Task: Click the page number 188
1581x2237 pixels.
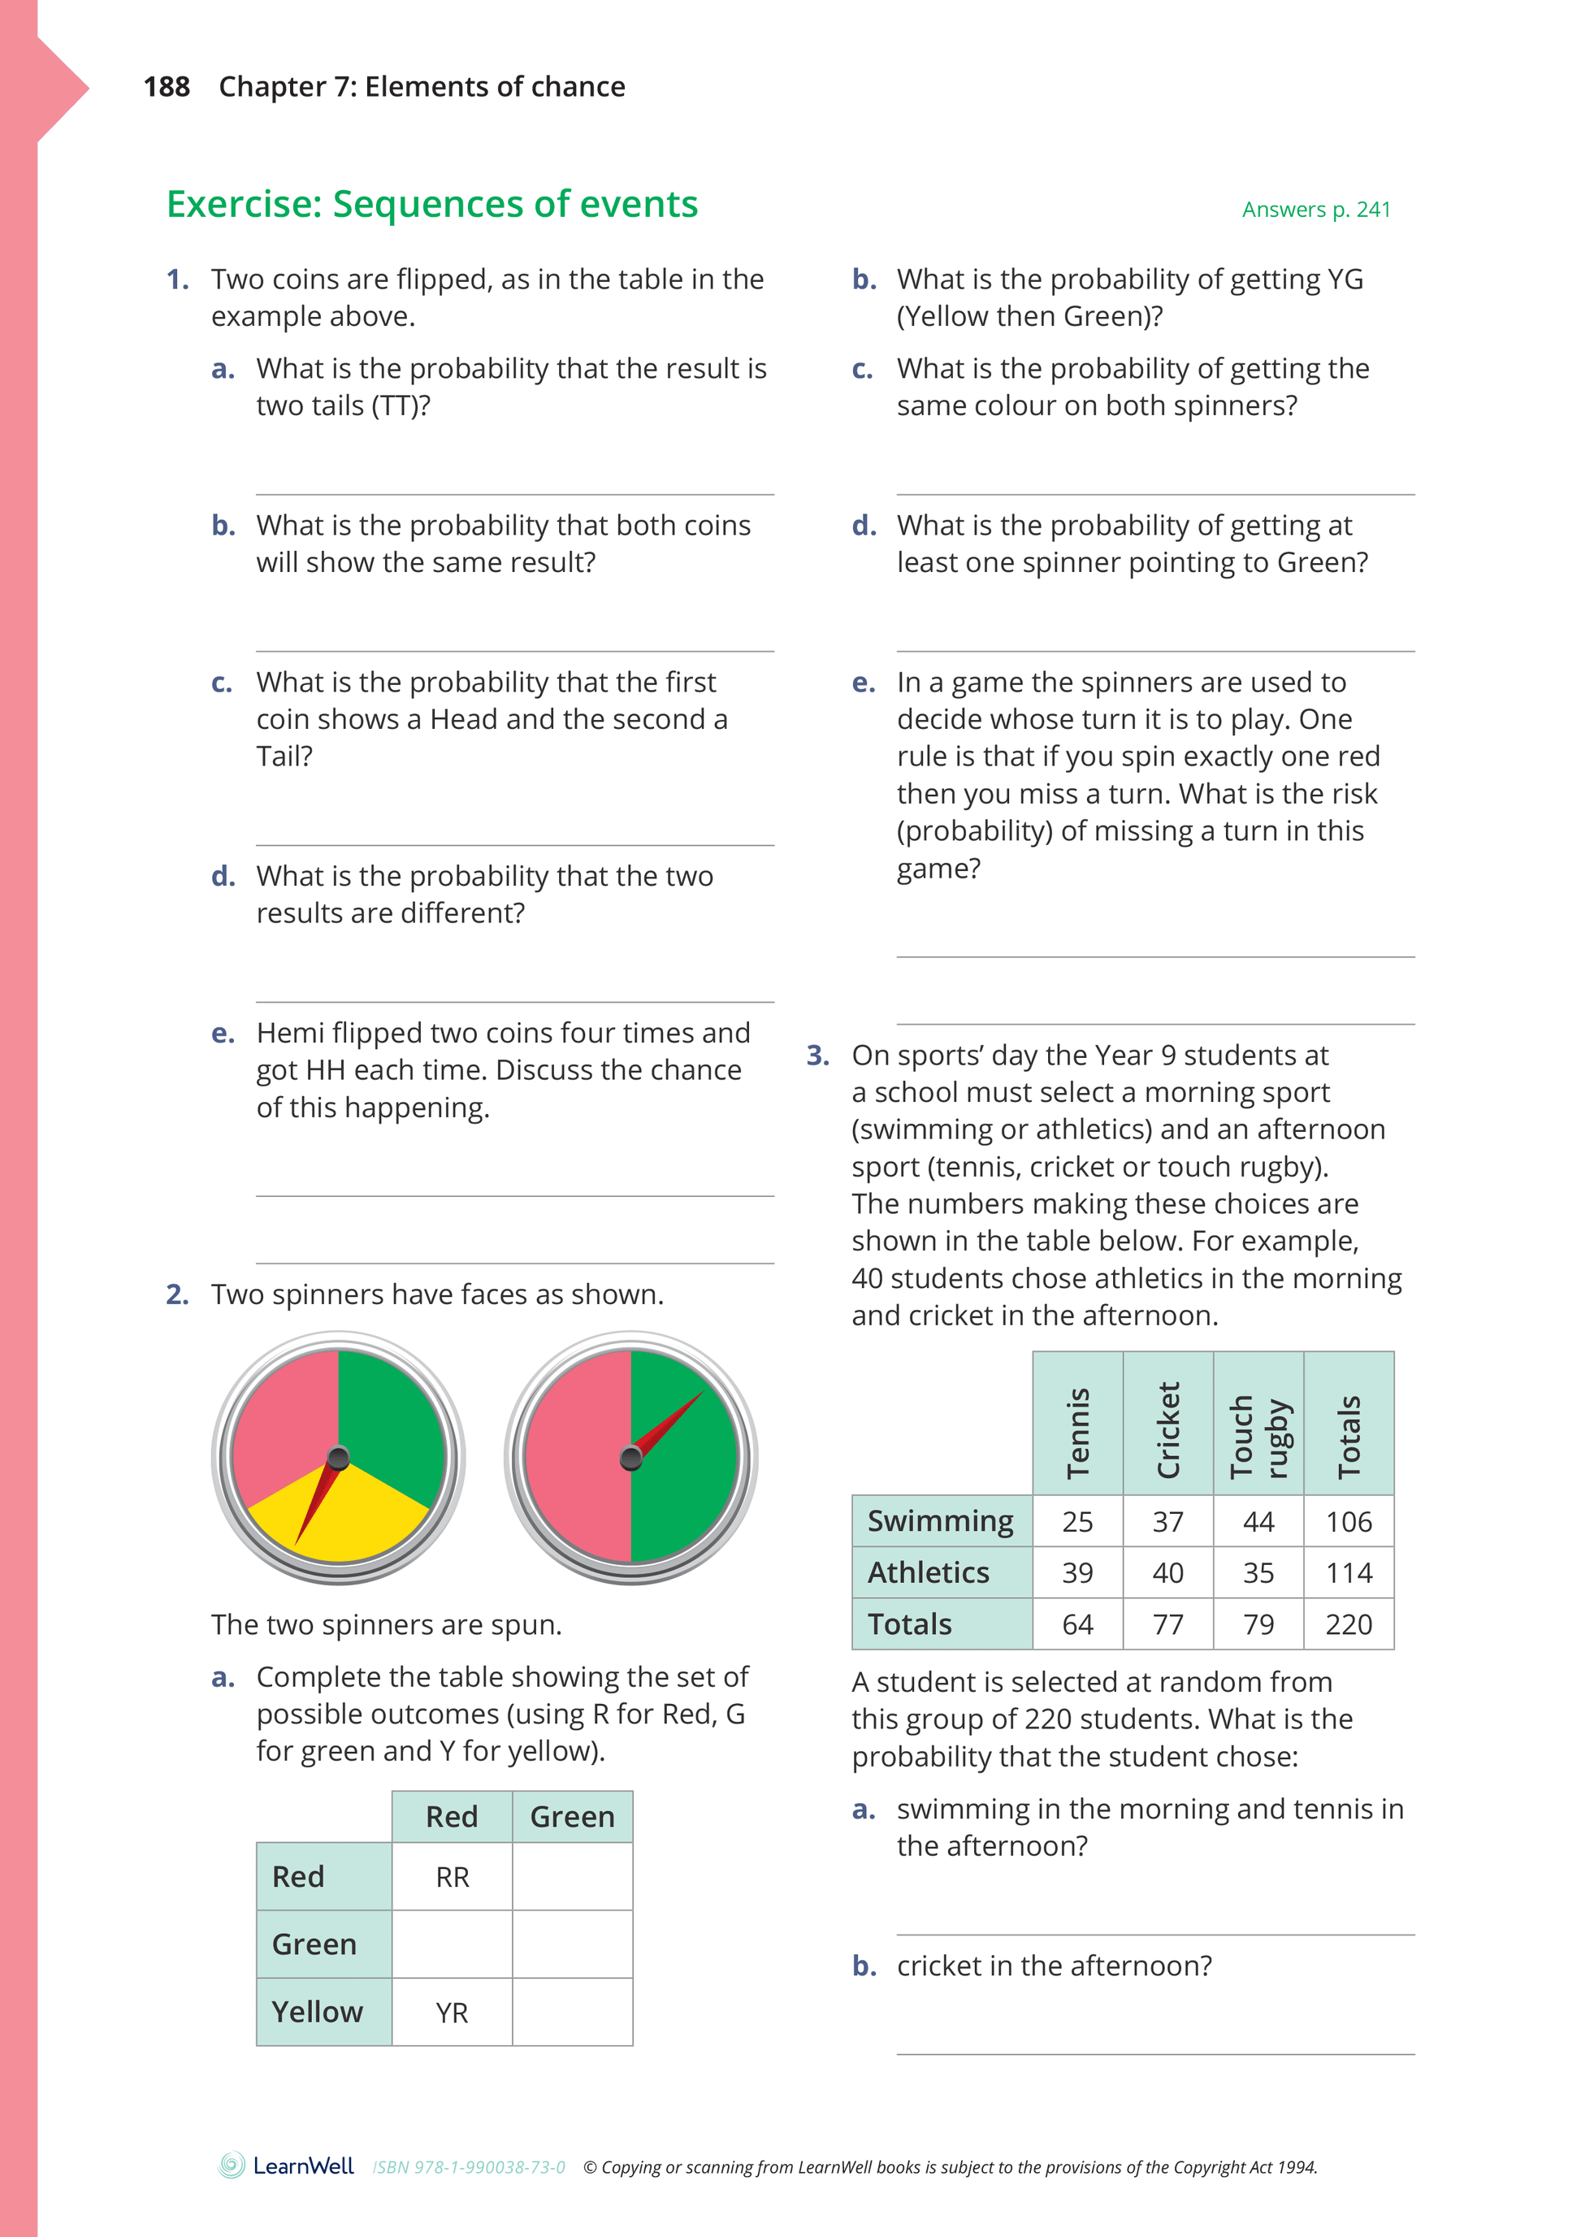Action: pos(167,87)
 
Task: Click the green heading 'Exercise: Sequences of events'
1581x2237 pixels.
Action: pos(431,205)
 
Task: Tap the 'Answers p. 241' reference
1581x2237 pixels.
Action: pos(1315,210)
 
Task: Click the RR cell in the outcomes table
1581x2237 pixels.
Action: pos(452,1876)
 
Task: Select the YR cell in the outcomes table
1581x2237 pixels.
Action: pos(452,2012)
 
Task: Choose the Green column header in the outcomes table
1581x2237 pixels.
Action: pos(572,1816)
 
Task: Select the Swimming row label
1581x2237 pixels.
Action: pos(941,1521)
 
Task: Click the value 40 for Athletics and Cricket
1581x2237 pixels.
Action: pos(1168,1572)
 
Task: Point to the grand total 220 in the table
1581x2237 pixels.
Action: pos(1348,1624)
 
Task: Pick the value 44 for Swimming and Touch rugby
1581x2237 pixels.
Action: pos(1258,1522)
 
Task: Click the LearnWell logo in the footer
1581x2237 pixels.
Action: pos(287,2165)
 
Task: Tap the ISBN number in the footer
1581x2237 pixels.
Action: pos(469,2168)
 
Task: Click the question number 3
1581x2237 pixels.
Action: pos(817,1056)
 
